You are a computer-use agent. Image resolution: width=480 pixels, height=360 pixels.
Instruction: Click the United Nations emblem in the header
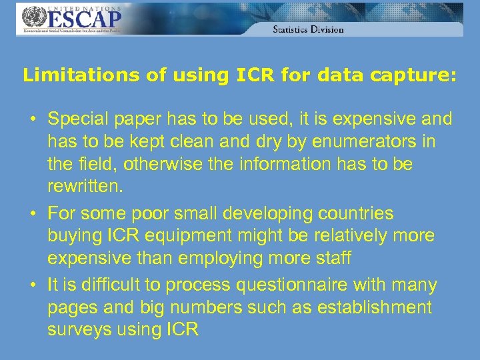point(31,17)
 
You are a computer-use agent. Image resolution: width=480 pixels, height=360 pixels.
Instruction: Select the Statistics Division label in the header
point(308,29)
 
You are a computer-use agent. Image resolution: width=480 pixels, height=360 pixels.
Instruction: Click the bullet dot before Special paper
point(32,120)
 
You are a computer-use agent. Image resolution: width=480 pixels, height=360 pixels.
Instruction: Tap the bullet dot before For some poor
point(32,214)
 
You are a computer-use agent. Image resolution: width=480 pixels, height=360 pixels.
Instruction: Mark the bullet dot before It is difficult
point(32,285)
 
